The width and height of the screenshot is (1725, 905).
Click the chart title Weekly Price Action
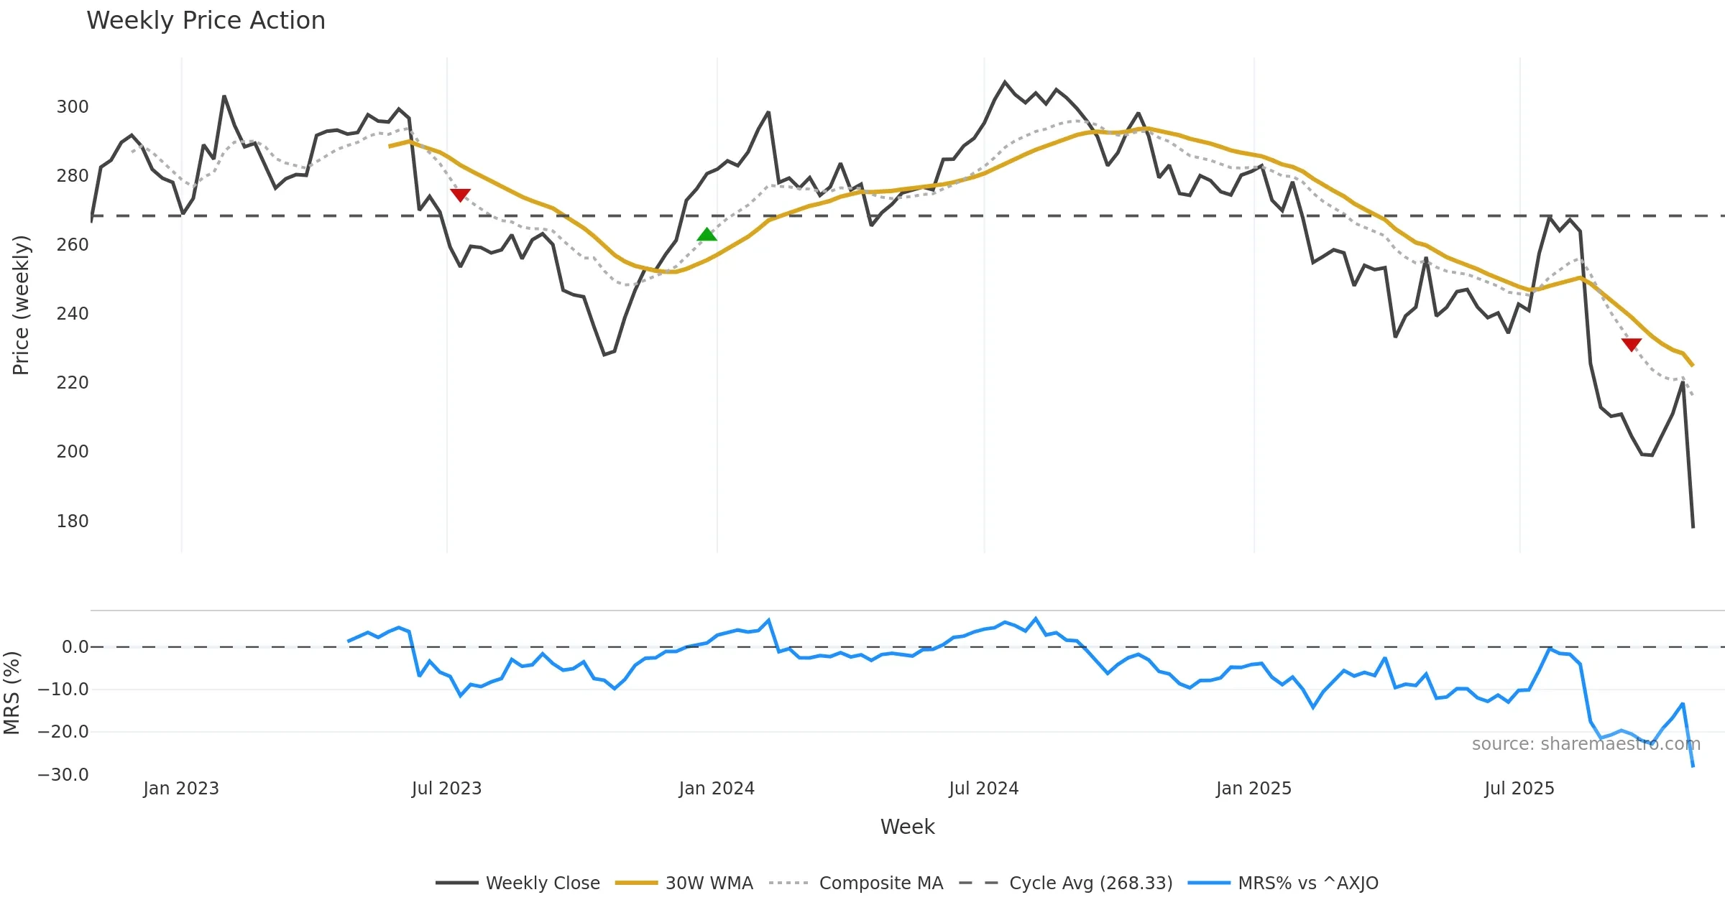point(206,21)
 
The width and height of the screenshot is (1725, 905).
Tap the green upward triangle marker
point(707,234)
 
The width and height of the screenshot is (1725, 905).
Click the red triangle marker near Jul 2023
point(460,195)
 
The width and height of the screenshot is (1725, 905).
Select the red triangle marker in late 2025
point(1632,345)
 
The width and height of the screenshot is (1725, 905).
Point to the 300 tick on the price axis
point(73,107)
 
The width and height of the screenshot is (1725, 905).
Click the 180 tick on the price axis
point(73,521)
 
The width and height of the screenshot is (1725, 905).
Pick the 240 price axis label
point(73,314)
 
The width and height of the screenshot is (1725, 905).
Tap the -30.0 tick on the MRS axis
point(63,775)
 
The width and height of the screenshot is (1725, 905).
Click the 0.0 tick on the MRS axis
point(75,647)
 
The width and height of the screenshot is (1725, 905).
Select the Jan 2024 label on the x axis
point(717,789)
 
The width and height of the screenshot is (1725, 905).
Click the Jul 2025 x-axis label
point(1519,789)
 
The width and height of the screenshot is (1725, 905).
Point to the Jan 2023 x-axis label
point(181,789)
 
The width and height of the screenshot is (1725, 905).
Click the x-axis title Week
point(907,827)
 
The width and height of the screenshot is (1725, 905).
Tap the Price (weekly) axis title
point(21,305)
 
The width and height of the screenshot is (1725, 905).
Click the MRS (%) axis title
point(11,693)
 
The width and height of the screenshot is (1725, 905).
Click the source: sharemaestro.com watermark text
point(1586,744)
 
